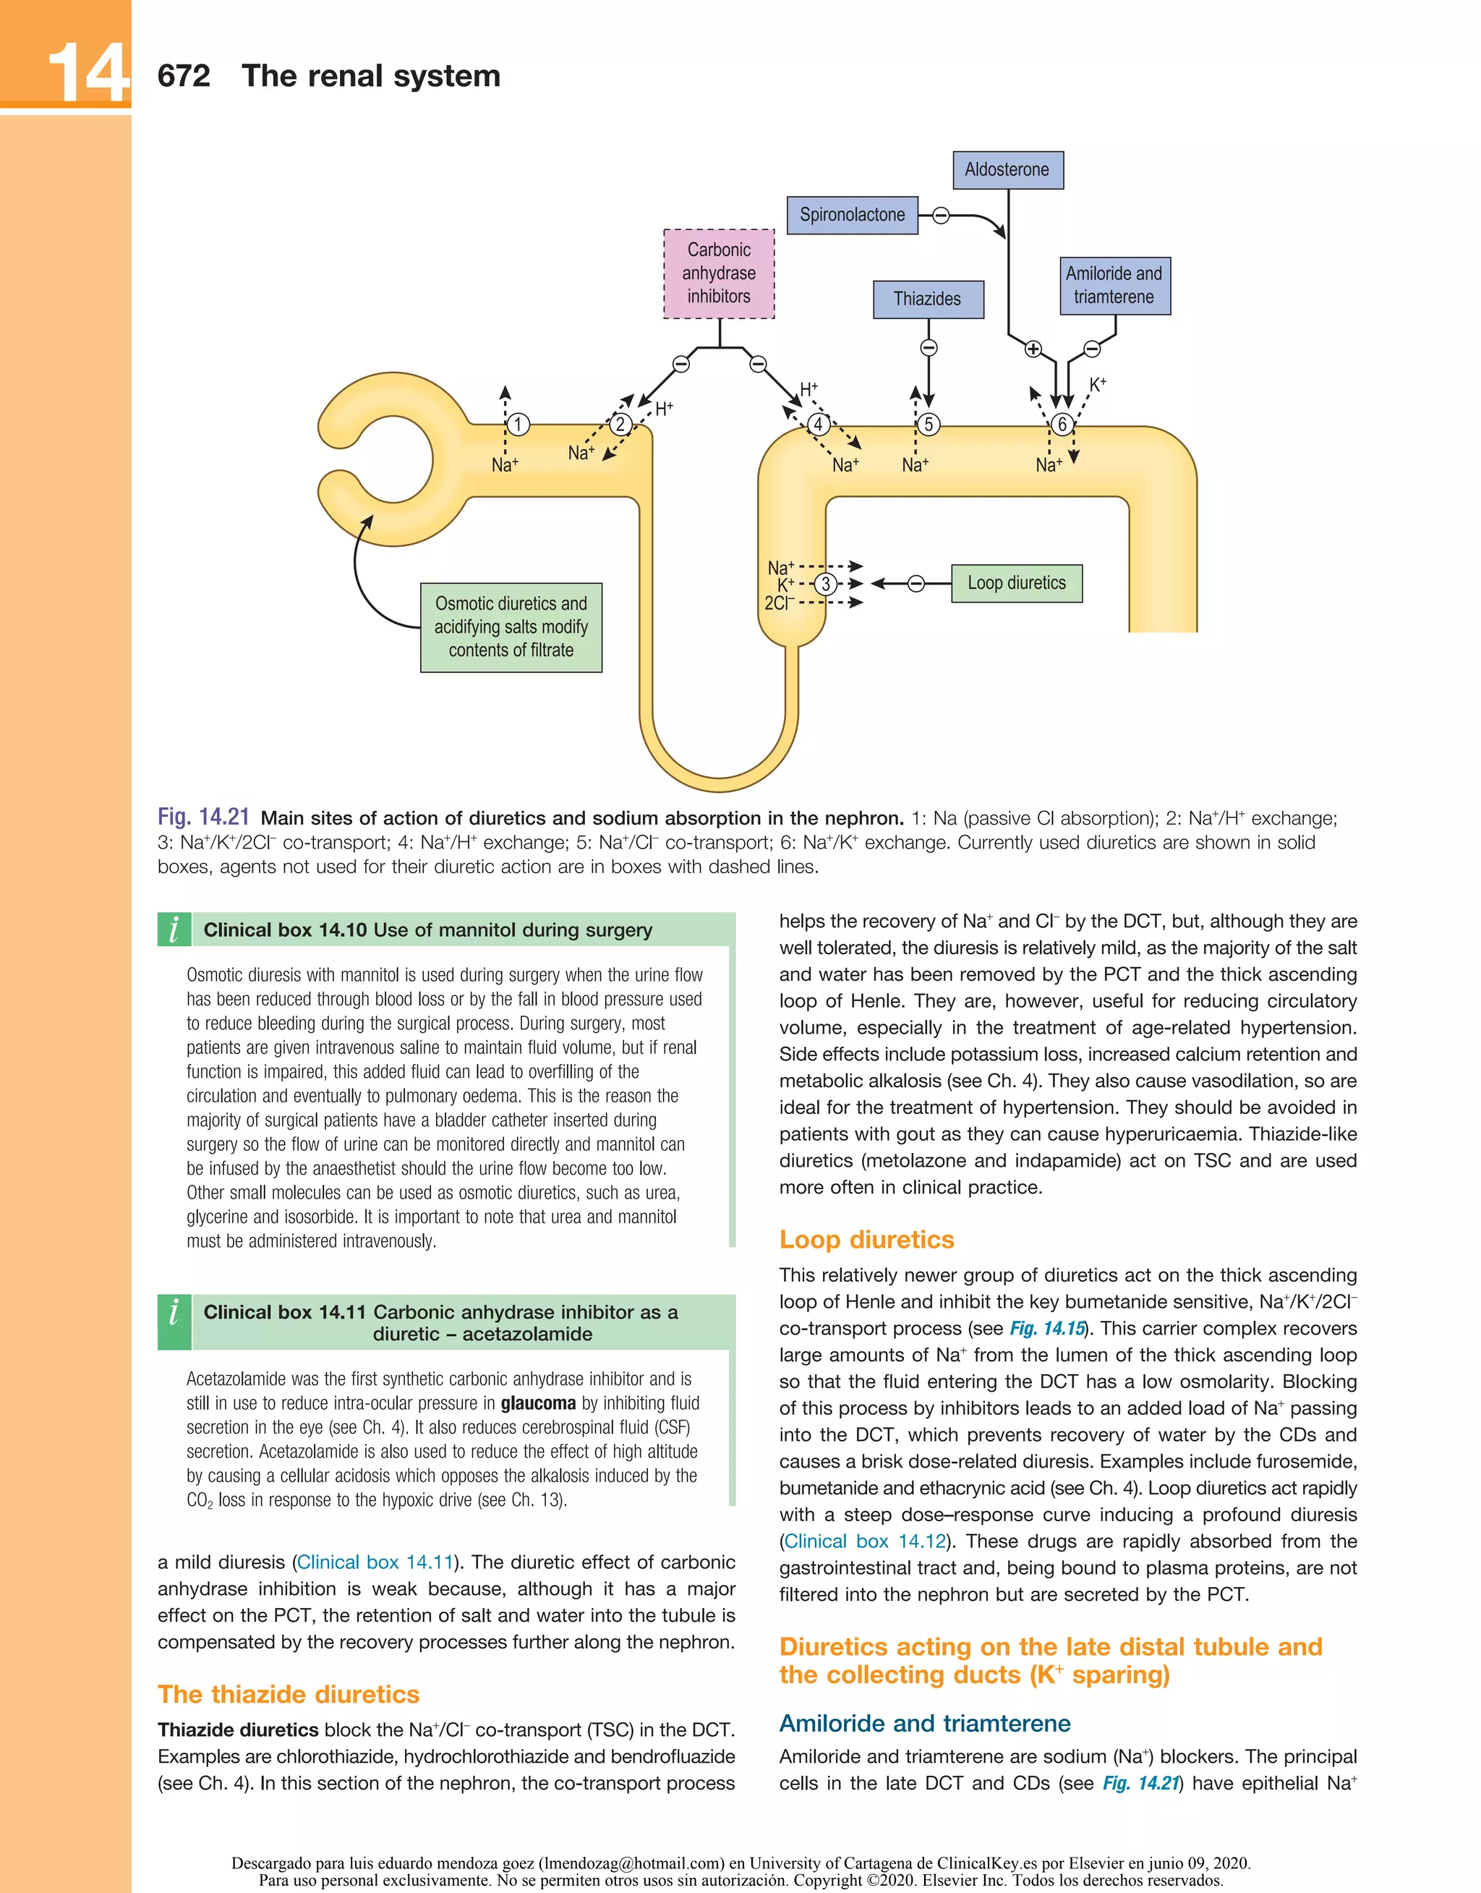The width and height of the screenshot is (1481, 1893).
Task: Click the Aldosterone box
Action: (x=1007, y=170)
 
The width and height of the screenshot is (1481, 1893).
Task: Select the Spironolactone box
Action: (x=851, y=215)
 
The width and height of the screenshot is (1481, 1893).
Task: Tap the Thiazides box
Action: (x=927, y=299)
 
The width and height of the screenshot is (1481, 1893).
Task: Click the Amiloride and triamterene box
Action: (x=1114, y=285)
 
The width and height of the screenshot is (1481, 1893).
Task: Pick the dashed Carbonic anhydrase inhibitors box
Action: (x=719, y=273)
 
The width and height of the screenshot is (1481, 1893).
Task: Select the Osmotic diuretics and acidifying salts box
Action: (x=511, y=627)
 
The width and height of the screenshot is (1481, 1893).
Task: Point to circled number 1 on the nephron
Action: (x=518, y=424)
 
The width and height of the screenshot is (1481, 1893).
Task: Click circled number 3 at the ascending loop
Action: (x=827, y=584)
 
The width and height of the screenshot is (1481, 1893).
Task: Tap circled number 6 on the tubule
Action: (x=1062, y=424)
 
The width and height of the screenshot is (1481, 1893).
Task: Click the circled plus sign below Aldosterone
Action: (x=1033, y=349)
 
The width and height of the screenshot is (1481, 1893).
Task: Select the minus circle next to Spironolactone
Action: (x=941, y=215)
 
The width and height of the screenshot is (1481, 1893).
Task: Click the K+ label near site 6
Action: (x=1098, y=384)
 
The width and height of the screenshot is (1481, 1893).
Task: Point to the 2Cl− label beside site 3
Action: (x=779, y=603)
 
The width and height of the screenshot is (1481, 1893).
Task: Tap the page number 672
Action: (x=184, y=76)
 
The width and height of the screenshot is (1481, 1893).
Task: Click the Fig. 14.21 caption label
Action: (x=203, y=817)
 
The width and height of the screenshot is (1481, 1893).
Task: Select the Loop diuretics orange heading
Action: (x=866, y=1239)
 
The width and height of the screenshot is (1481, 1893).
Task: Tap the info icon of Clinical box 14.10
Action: (x=174, y=929)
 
